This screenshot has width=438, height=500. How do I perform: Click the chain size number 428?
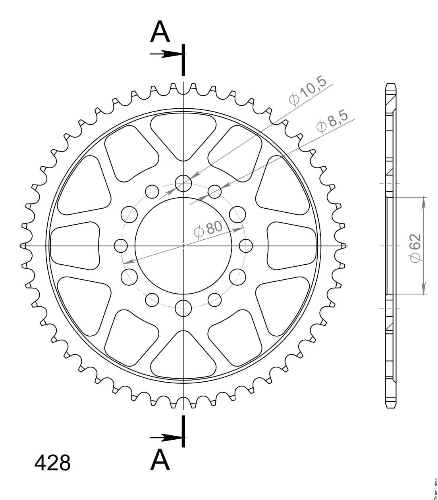coord(52,463)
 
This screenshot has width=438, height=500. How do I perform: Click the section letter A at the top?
coord(160,31)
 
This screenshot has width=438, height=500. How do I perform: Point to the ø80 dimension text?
coord(208,229)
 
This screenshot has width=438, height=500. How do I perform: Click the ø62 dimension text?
coord(416,248)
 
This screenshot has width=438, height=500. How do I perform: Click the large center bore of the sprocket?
coord(183,246)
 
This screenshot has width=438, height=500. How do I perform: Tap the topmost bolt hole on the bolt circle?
coord(183,183)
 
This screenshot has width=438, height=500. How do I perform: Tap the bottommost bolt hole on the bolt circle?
coord(183,308)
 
